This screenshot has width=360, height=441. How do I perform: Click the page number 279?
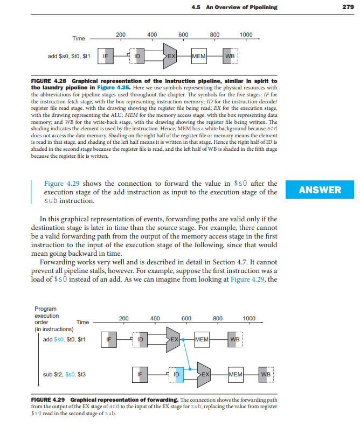[348, 7]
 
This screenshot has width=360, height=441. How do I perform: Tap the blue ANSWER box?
[320, 190]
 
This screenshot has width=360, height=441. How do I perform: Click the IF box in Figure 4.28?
[106, 55]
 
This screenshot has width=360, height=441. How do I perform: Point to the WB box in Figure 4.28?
[231, 55]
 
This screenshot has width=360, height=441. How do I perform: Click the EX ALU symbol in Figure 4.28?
[170, 55]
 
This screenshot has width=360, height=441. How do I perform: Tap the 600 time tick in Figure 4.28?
[183, 35]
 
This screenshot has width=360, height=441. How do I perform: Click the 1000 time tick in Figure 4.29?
[249, 318]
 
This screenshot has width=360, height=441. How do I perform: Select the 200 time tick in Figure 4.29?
[123, 318]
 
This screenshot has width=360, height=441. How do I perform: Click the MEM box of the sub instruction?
[236, 374]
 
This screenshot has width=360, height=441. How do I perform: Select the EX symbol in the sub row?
[205, 374]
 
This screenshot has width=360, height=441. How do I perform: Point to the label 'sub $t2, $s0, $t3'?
[64, 374]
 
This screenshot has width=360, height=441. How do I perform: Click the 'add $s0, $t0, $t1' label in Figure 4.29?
[64, 339]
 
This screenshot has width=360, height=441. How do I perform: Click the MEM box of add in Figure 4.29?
[202, 339]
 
